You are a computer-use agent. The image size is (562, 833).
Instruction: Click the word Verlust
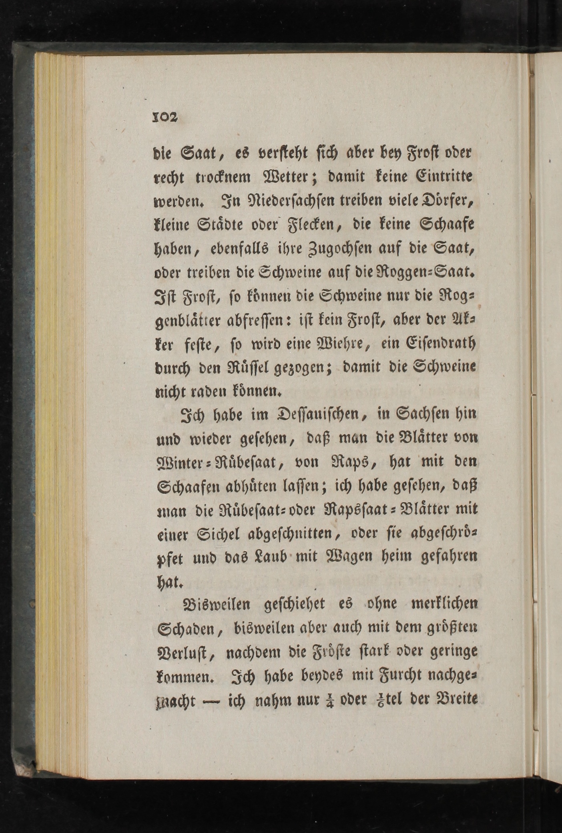tap(186, 653)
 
